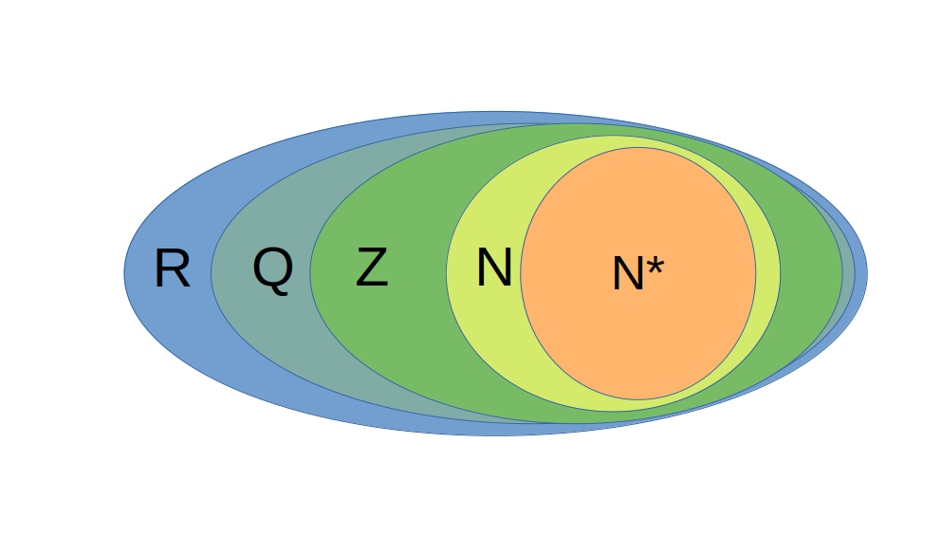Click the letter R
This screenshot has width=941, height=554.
click(172, 269)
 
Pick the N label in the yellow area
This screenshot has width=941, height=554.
click(493, 268)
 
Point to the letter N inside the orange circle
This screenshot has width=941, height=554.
click(629, 275)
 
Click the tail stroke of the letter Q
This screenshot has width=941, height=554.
click(285, 288)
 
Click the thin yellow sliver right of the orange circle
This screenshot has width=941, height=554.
click(768, 273)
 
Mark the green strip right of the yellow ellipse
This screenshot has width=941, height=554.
click(811, 273)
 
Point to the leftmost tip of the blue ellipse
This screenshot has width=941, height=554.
click(124, 273)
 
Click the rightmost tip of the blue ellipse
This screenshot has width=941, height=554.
click(867, 273)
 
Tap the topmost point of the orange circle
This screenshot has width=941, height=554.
click(638, 148)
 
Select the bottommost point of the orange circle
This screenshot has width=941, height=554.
click(638, 399)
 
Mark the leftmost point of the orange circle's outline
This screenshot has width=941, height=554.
click(521, 273)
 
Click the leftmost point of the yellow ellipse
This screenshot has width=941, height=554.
click(447, 273)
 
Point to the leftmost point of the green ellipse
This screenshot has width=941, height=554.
click(310, 273)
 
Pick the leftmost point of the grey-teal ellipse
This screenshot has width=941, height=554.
click(212, 273)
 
